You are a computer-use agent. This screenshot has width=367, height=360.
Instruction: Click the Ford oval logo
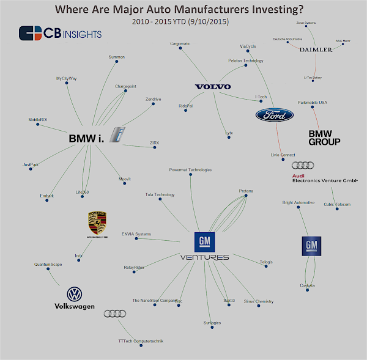tap(275, 114)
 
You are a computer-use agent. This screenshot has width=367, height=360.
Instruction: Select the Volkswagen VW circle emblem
tap(75, 294)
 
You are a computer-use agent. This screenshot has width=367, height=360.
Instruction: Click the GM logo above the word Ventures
tap(204, 243)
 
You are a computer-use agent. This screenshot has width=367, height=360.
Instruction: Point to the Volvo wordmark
tap(213, 87)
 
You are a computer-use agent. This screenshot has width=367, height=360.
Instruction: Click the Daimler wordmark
tap(316, 50)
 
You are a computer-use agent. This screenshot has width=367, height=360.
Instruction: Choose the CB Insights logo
tap(60, 33)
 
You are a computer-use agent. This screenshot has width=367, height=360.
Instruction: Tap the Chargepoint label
tap(125, 87)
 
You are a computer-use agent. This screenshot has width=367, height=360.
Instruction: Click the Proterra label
tap(246, 191)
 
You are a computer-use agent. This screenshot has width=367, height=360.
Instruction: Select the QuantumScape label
tap(47, 264)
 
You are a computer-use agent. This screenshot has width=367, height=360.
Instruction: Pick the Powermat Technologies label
tap(190, 169)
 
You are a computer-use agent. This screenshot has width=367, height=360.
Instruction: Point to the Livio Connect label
tap(283, 155)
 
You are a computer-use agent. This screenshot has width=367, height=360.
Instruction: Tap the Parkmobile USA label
tap(312, 102)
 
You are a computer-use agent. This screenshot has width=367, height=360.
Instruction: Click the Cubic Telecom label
tap(337, 204)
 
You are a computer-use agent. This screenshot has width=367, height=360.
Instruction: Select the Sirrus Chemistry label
tap(258, 301)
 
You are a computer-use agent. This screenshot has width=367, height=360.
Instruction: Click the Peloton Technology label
tap(246, 61)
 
